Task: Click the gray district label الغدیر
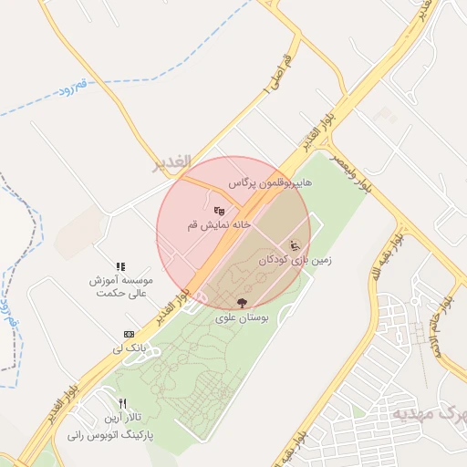171,161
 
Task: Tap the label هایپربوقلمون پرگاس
270,183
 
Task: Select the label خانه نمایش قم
219,224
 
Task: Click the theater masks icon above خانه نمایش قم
219,212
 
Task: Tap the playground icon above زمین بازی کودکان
294,244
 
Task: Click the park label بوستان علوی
242,317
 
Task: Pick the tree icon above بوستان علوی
242,303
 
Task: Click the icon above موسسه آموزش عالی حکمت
120,265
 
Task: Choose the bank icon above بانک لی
129,335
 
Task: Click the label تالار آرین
122,418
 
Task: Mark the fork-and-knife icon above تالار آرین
122,404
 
